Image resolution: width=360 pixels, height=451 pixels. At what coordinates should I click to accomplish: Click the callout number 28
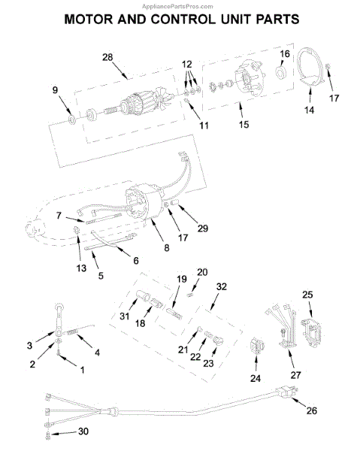coord(107,57)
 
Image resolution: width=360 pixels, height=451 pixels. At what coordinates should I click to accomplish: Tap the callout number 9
coord(55,90)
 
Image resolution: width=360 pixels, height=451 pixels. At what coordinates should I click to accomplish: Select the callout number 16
coord(285,54)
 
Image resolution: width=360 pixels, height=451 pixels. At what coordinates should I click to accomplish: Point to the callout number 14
coord(309,110)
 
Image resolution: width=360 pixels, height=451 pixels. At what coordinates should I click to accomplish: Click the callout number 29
coord(202,228)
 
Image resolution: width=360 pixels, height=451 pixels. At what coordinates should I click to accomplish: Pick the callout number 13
coord(81,268)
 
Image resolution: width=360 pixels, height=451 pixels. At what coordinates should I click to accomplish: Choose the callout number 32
coord(222,286)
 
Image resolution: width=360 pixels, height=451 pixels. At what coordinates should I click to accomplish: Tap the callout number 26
coord(311,410)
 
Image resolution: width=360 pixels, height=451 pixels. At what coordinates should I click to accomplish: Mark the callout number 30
coord(83,431)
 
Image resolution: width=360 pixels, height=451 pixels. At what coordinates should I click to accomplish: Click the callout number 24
coord(256,378)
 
